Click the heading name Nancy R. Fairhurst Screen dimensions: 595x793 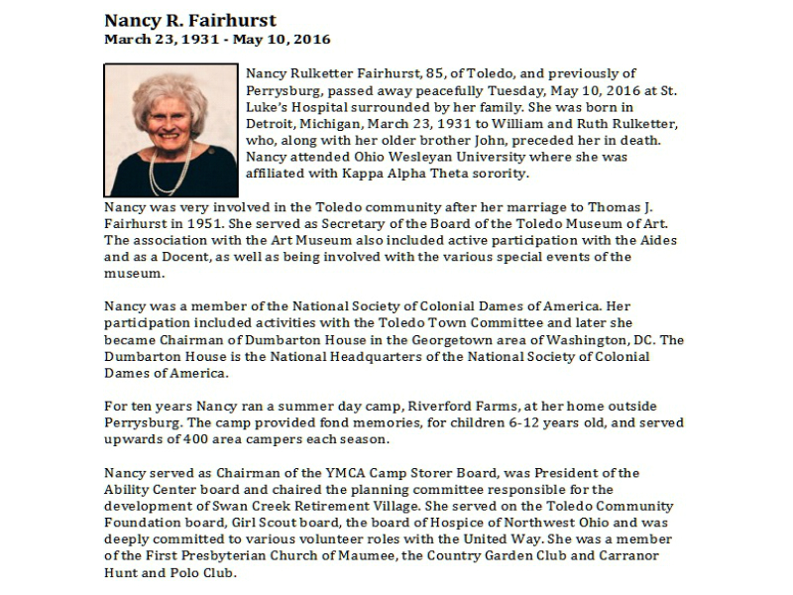coord(190,21)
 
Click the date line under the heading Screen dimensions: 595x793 coord(217,41)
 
